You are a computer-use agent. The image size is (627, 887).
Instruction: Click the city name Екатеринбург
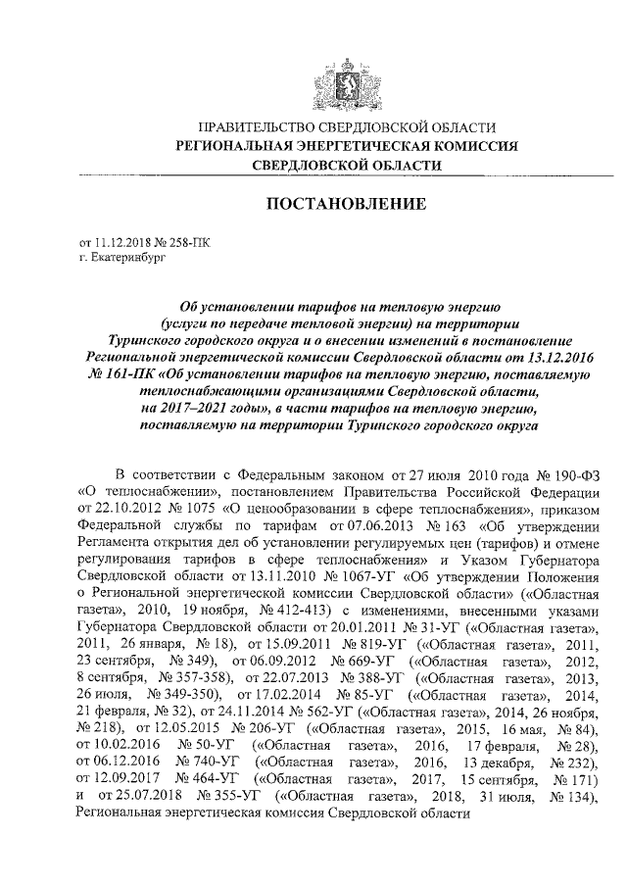tap(122, 257)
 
